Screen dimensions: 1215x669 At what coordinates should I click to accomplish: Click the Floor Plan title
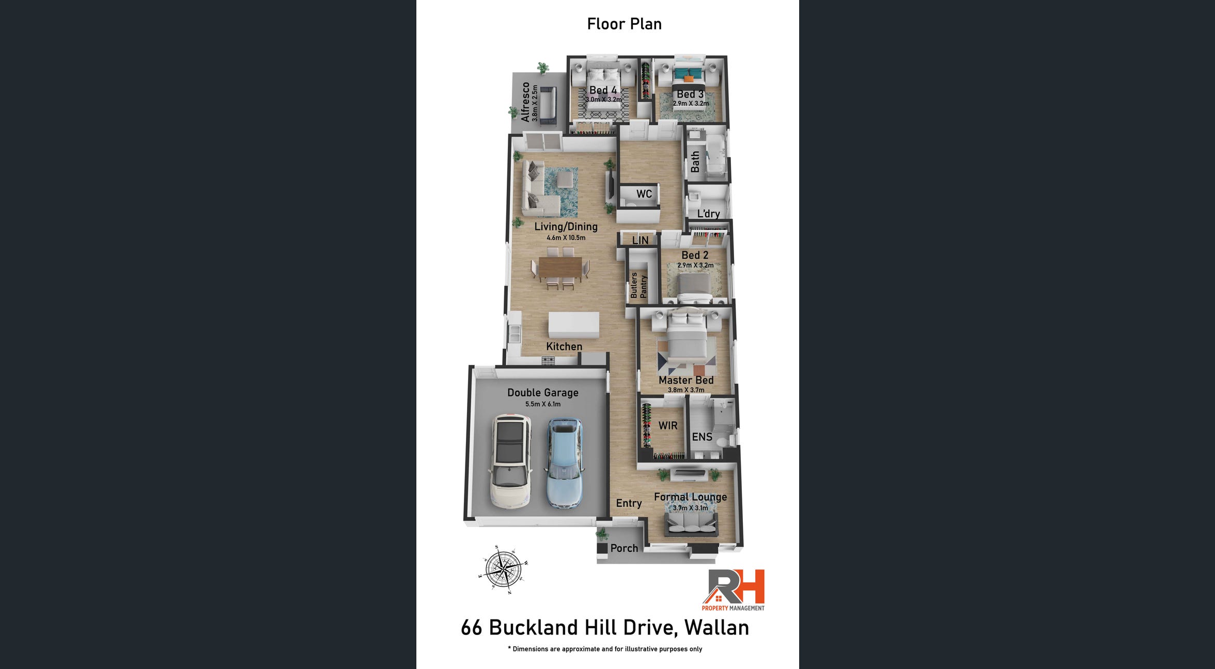(x=624, y=24)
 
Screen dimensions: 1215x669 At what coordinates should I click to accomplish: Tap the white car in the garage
(x=510, y=461)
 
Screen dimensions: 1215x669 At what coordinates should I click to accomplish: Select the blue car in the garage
(x=565, y=462)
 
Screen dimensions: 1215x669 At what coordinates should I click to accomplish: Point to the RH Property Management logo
(x=733, y=590)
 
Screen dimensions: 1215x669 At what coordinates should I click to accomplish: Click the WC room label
(x=644, y=194)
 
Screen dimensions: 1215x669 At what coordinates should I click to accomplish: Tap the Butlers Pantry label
(x=638, y=285)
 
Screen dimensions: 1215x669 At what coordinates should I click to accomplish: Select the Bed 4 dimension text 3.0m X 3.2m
(x=603, y=100)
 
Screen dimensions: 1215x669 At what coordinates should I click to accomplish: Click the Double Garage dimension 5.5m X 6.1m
(x=543, y=404)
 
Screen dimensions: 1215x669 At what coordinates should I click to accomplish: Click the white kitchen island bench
(x=573, y=325)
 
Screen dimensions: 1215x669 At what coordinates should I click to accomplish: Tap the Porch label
(x=624, y=548)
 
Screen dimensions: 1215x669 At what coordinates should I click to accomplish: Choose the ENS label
(x=702, y=437)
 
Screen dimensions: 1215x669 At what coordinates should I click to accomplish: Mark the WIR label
(x=668, y=426)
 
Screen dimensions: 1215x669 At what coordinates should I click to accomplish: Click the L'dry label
(x=708, y=214)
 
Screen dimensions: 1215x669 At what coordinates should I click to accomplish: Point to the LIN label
(x=640, y=240)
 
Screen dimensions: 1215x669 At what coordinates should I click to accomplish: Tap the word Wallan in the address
(x=716, y=628)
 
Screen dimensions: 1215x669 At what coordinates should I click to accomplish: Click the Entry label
(x=629, y=504)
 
